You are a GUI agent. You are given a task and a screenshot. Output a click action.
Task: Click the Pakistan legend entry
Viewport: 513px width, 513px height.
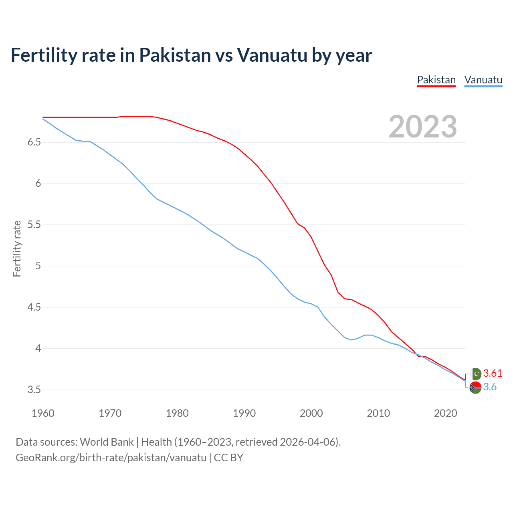(436, 80)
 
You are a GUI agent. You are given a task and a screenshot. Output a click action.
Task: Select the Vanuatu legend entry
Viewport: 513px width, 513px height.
(483, 80)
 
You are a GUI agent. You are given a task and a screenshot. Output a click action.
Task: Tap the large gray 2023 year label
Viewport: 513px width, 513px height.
(422, 127)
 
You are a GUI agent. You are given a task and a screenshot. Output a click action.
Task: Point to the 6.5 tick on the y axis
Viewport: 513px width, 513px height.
(34, 142)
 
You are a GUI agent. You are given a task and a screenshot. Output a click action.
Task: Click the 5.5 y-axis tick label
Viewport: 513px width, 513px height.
(34, 225)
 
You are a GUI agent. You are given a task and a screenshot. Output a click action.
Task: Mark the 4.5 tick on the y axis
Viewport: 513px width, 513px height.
(34, 307)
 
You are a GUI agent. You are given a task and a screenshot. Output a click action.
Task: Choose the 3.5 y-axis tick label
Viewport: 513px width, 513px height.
(34, 390)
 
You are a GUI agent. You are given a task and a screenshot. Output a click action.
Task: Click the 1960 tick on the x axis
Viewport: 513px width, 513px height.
(43, 413)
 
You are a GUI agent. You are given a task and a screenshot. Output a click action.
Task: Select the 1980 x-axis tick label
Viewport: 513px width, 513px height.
(177, 413)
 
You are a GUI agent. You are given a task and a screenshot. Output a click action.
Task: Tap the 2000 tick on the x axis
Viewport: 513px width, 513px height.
(311, 413)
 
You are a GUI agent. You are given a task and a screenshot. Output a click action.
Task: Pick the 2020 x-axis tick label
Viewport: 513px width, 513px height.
(445, 413)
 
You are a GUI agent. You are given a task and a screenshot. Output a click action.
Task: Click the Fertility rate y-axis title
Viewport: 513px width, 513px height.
(17, 248)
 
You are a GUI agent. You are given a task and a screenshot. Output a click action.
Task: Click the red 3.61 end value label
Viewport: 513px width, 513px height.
(493, 374)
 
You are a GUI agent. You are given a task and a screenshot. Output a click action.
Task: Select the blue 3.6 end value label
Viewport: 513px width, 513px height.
(490, 387)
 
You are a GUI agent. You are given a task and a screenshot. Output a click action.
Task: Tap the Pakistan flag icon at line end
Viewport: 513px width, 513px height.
(476, 374)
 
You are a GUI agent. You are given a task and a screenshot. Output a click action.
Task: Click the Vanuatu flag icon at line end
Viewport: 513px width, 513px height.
(475, 388)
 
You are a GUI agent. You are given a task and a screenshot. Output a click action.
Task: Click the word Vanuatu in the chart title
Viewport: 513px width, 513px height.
(272, 55)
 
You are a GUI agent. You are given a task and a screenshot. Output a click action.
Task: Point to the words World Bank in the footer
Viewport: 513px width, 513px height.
(107, 442)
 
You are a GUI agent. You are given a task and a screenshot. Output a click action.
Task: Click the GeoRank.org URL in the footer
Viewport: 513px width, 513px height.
(111, 458)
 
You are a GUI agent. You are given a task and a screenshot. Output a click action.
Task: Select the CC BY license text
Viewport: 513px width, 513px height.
(228, 458)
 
